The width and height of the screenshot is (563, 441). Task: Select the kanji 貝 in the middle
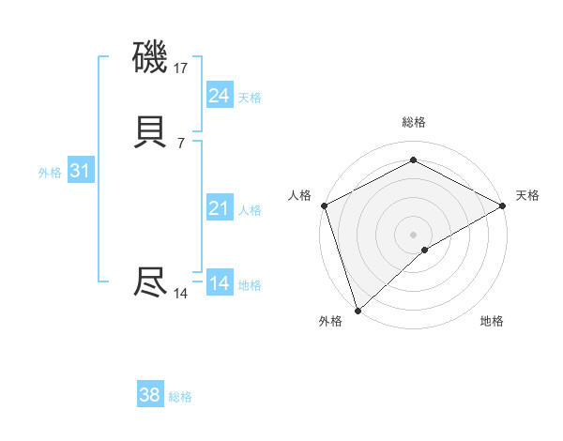click(x=151, y=132)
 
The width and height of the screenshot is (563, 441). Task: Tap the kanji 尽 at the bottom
click(x=151, y=281)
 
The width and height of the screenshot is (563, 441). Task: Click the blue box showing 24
click(x=220, y=95)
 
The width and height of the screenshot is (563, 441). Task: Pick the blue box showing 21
click(x=220, y=208)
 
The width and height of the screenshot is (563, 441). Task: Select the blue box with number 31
click(x=80, y=172)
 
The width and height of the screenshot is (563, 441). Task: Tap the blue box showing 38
click(x=150, y=395)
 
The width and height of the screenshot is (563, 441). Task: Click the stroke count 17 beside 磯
click(x=181, y=68)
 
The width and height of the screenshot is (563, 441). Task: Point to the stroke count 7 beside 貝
click(x=181, y=143)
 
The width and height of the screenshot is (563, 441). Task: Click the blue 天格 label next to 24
click(x=250, y=97)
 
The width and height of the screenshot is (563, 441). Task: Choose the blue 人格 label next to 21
click(x=250, y=210)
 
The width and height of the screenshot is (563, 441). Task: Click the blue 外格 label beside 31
click(x=50, y=173)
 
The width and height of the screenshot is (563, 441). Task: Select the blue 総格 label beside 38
click(x=180, y=397)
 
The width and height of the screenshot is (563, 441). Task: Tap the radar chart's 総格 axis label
click(x=414, y=122)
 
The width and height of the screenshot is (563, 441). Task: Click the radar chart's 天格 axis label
click(x=527, y=195)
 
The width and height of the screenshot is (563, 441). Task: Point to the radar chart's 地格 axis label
click(x=492, y=321)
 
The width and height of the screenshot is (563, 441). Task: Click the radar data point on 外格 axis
click(x=357, y=311)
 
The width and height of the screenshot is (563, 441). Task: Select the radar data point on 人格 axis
click(x=324, y=205)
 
